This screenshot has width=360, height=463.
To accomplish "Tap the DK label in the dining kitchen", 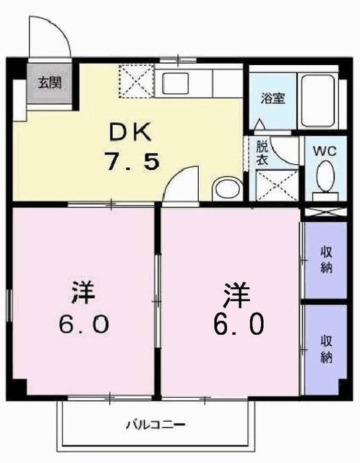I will click(x=131, y=132).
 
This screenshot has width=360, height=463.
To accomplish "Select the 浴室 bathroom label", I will click(x=273, y=97).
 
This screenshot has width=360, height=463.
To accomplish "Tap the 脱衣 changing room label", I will click(x=261, y=153).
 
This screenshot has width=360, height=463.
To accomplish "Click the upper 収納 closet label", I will click(x=325, y=260).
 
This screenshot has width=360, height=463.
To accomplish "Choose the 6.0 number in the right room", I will click(x=236, y=323).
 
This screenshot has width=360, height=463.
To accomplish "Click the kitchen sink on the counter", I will click(x=175, y=83).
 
